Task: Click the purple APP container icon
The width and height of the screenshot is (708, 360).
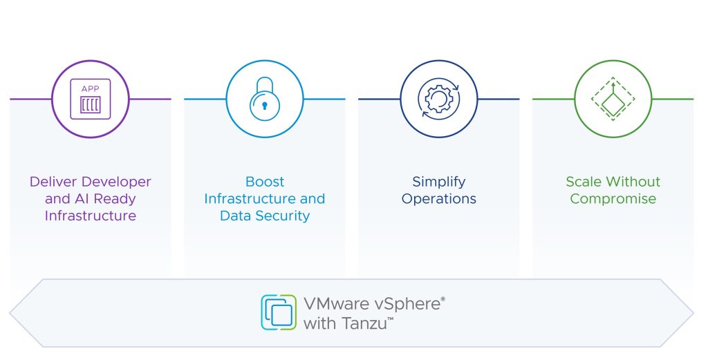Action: pyautogui.click(x=91, y=99)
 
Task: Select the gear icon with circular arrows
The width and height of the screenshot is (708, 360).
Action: pyautogui.click(x=439, y=99)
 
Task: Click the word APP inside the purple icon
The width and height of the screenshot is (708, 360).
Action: pyautogui.click(x=91, y=89)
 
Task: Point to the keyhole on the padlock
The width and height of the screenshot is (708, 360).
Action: pyautogui.click(x=265, y=106)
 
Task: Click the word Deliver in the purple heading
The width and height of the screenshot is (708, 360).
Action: pyautogui.click(x=54, y=182)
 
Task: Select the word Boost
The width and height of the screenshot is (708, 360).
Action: pyautogui.click(x=265, y=182)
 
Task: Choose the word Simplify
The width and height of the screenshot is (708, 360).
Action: pyautogui.click(x=439, y=182)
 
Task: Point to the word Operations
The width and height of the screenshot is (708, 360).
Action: pyautogui.click(x=439, y=199)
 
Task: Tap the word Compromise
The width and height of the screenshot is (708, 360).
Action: pyautogui.click(x=613, y=199)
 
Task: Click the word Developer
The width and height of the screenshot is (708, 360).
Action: pyautogui.click(x=116, y=182)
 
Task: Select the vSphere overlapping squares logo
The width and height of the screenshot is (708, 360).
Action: pyautogui.click(x=279, y=312)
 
